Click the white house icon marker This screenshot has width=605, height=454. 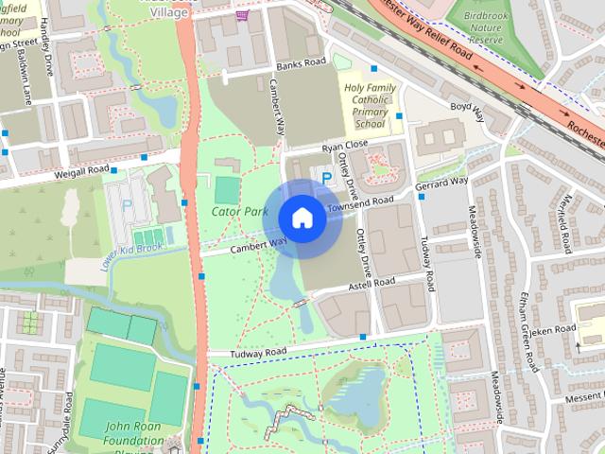pyautogui.click(x=302, y=218)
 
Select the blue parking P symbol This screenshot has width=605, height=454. pyautogui.click(x=327, y=177)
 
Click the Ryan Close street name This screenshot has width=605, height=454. pyautogui.click(x=344, y=147)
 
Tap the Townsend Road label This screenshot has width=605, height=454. pyautogui.click(x=360, y=202)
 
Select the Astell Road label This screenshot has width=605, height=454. pyautogui.click(x=370, y=283)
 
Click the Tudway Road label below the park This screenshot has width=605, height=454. pyautogui.click(x=257, y=354)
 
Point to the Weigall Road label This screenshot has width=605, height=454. pyautogui.click(x=84, y=171)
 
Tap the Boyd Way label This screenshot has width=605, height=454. pyautogui.click(x=466, y=113)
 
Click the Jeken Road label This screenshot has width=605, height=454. pyautogui.click(x=553, y=330)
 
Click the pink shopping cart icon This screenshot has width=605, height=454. pyautogui.click(x=244, y=14)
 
